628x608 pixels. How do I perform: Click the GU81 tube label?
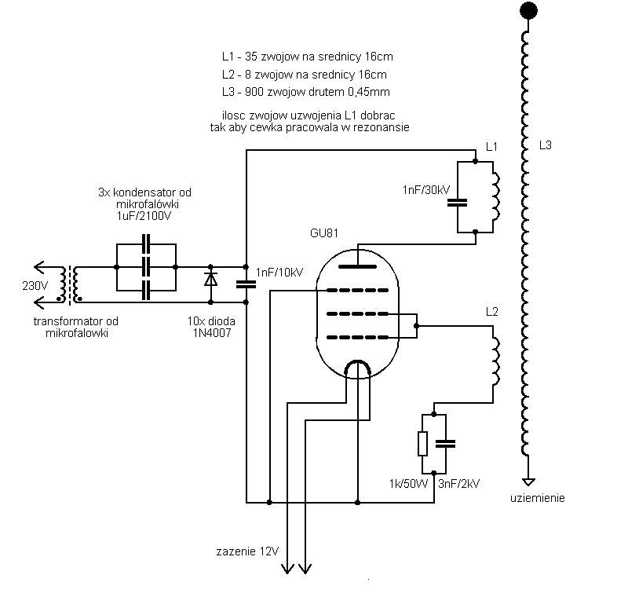324,233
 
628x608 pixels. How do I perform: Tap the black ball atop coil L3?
528,10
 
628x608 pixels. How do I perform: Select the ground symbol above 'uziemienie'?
528,482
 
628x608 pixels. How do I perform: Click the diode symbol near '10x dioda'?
210,279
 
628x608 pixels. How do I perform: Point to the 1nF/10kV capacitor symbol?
246,284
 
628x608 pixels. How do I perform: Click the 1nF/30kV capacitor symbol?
457,203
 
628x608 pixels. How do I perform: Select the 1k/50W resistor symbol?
422,444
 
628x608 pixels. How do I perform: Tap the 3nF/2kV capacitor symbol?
445,444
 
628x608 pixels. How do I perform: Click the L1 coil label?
491,147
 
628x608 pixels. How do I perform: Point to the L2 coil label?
491,312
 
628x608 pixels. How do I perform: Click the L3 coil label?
545,145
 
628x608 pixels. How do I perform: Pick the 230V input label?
35,286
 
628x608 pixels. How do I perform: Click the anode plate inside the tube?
358,266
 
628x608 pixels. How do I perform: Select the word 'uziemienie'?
537,498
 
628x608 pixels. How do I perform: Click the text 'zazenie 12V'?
247,551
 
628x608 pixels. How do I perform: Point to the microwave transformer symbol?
70,284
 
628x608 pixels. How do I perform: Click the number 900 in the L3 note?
254,92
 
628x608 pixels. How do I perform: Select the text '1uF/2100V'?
144,216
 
